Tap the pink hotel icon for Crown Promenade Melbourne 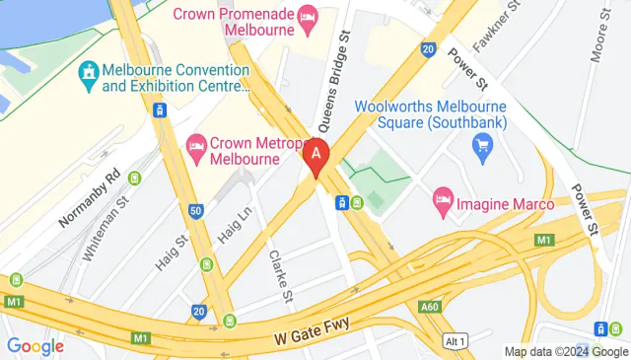(x=308, y=14)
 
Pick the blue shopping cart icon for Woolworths (x=482, y=149)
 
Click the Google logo (x=35, y=346)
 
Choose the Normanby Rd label (x=87, y=195)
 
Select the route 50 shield (x=196, y=210)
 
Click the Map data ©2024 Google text (x=566, y=352)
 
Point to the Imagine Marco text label (x=512, y=204)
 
